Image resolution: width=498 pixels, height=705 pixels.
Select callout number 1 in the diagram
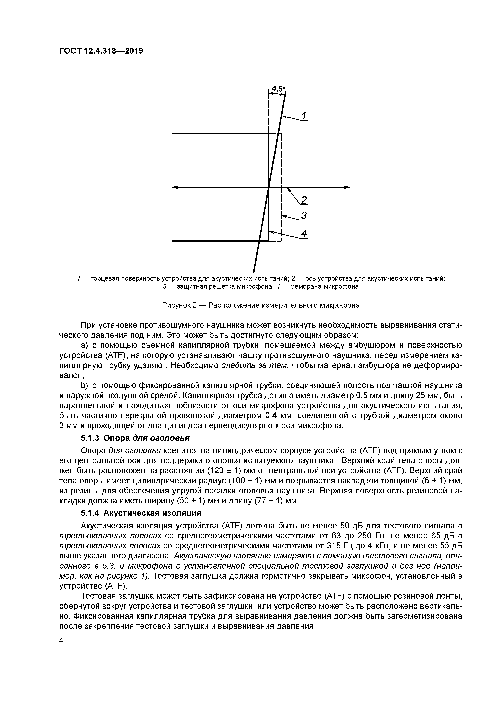point(304,116)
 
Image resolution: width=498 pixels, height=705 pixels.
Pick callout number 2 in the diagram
point(304,200)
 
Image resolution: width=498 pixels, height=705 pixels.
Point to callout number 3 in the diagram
point(304,216)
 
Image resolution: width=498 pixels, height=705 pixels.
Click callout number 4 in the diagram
point(304,234)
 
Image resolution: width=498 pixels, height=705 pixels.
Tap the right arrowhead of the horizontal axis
point(347,187)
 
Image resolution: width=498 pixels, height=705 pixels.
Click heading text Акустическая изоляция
point(152,513)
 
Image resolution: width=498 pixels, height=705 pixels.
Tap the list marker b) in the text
point(84,385)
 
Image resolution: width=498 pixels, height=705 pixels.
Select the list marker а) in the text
point(84,345)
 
